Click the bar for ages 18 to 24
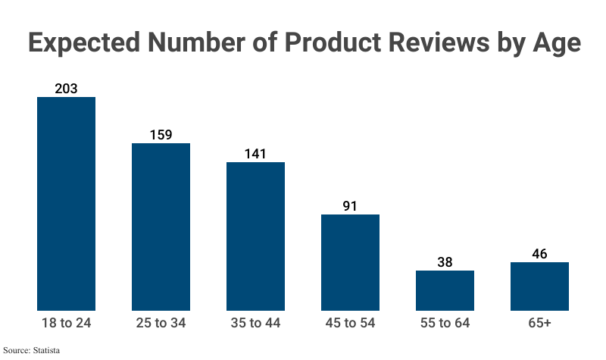pos(67,204)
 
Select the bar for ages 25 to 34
pos(161,227)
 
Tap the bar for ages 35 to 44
pos(255,236)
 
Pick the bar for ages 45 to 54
pos(350,262)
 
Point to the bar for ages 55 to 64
pos(445,290)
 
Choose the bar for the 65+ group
pos(539,286)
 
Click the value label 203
pos(67,89)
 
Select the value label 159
pos(161,135)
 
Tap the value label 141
pos(255,154)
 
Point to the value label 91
pos(350,206)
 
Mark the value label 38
pos(445,262)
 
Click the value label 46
pos(539,254)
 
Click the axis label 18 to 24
pos(67,324)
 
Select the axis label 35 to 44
pos(255,324)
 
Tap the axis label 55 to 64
pos(445,324)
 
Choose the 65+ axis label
pos(539,324)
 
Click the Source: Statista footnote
pos(31,350)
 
